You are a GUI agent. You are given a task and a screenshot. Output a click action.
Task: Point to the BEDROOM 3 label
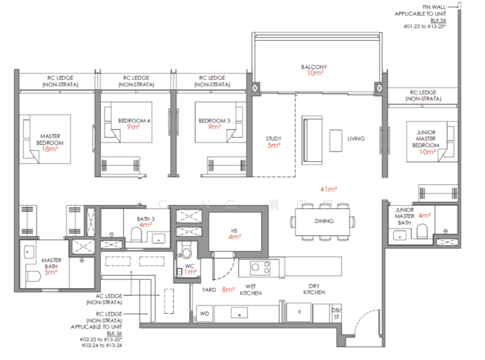(x=213, y=121)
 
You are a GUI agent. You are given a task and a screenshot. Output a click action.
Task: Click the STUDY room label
(x=274, y=138)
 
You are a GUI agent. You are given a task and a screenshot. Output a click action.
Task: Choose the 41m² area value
(x=329, y=189)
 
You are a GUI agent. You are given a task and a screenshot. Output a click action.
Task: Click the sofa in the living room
(x=313, y=134)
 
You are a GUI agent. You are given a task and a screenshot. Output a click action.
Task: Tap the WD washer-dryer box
(x=204, y=313)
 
